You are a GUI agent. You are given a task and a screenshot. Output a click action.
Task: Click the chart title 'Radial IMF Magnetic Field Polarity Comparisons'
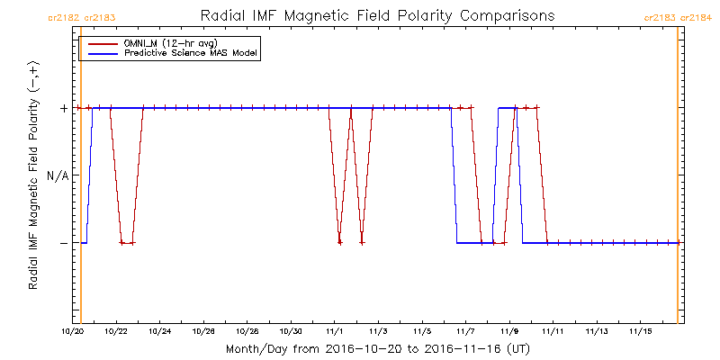[377, 16]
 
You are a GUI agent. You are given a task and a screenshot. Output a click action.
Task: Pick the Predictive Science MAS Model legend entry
[191, 54]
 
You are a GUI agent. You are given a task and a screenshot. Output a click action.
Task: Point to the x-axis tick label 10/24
[159, 332]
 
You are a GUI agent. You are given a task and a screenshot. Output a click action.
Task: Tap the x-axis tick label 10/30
[290, 332]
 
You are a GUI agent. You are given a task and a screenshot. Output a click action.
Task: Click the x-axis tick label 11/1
[334, 332]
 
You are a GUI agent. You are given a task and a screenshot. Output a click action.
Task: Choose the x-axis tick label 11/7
[464, 332]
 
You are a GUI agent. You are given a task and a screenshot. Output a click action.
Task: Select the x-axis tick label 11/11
[552, 332]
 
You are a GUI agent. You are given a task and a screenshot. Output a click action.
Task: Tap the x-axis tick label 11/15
[639, 332]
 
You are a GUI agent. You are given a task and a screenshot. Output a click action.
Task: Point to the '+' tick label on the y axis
[63, 108]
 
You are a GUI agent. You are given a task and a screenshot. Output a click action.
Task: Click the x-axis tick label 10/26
[202, 332]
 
